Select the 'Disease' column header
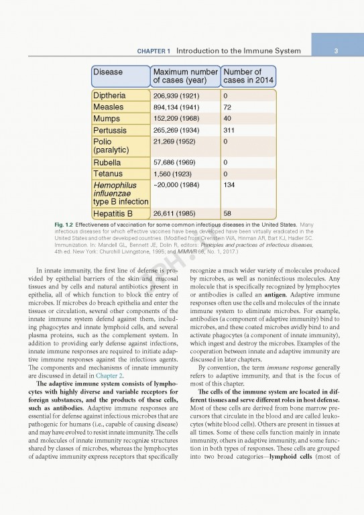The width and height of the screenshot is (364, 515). click(x=108, y=72)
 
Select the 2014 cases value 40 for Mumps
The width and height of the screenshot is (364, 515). click(x=228, y=119)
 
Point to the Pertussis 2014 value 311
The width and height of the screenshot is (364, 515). click(x=230, y=130)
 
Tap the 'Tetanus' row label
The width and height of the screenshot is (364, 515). click(x=109, y=174)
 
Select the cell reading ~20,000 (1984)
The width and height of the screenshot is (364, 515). click(x=176, y=185)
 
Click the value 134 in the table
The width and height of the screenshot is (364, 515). click(x=230, y=185)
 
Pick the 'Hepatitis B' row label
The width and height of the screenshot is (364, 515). click(x=113, y=214)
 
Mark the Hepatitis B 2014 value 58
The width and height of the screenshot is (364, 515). click(x=228, y=214)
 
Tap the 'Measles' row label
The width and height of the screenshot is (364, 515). click(x=109, y=107)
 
